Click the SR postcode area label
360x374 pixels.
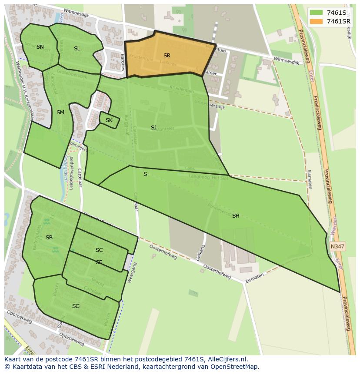click(x=167, y=56)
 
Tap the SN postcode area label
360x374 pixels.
click(x=40, y=47)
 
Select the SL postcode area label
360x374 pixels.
click(x=77, y=49)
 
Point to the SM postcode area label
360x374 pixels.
click(x=60, y=113)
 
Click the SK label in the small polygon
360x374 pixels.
click(x=109, y=120)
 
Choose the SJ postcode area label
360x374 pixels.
click(x=153, y=128)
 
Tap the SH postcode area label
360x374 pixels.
click(x=236, y=216)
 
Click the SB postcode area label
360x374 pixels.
click(x=49, y=238)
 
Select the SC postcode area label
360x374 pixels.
click(x=99, y=250)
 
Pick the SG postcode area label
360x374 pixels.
click(x=76, y=306)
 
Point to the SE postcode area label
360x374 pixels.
click(x=99, y=262)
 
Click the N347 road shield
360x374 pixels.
click(x=337, y=246)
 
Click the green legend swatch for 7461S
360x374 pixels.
click(x=316, y=12)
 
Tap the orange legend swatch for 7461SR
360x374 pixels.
click(x=316, y=21)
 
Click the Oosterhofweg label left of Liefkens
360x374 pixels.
click(x=163, y=252)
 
